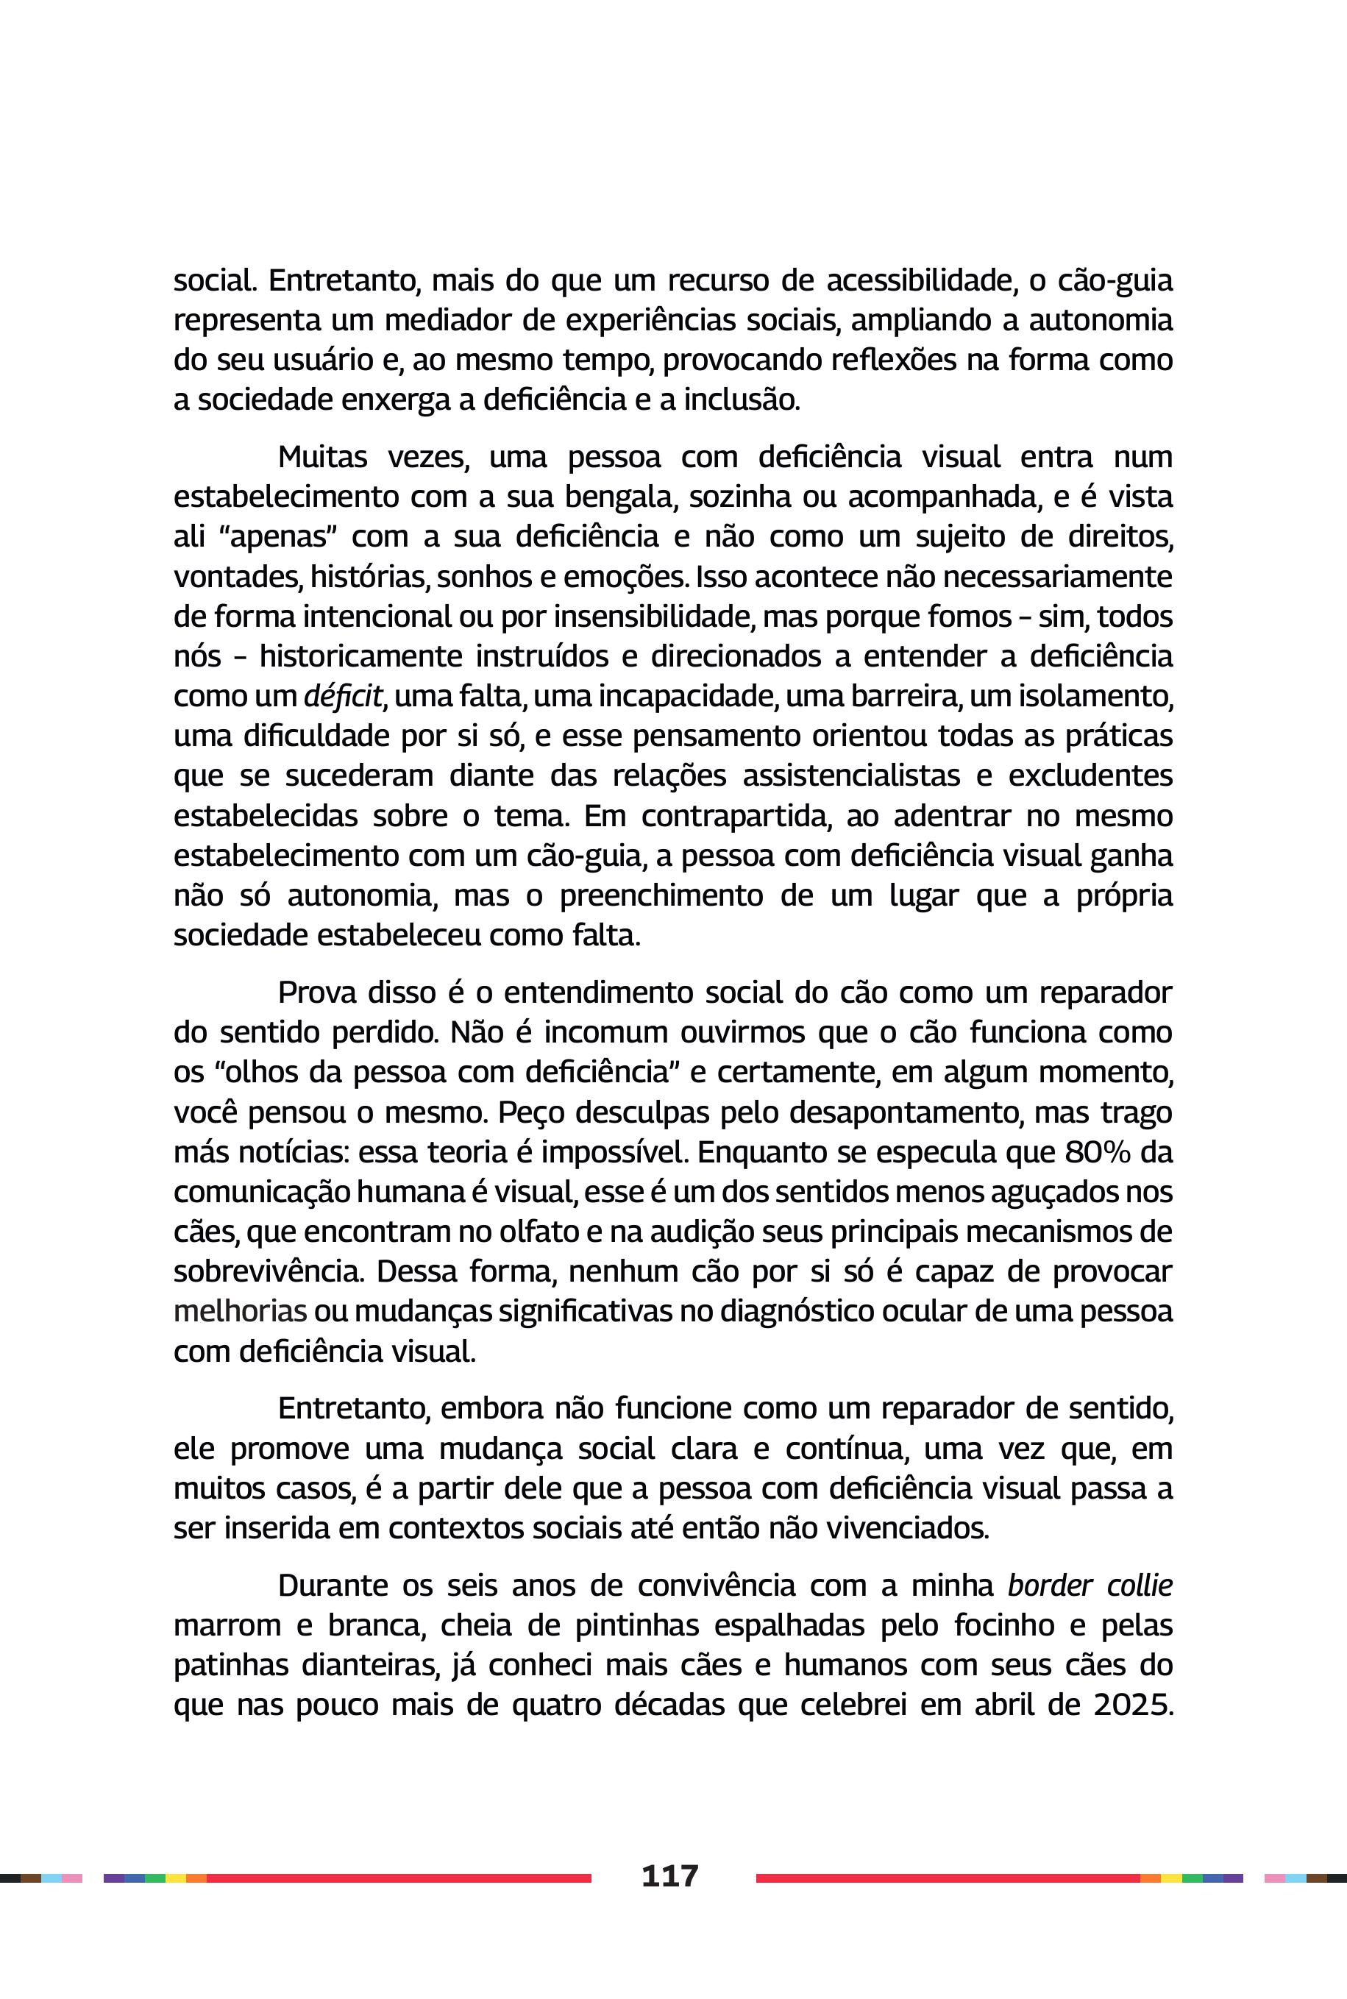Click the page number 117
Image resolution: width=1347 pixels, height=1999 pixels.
click(x=670, y=1875)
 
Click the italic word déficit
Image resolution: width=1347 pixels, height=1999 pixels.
click(x=342, y=696)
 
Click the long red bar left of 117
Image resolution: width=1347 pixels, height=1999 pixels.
click(x=399, y=1878)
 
